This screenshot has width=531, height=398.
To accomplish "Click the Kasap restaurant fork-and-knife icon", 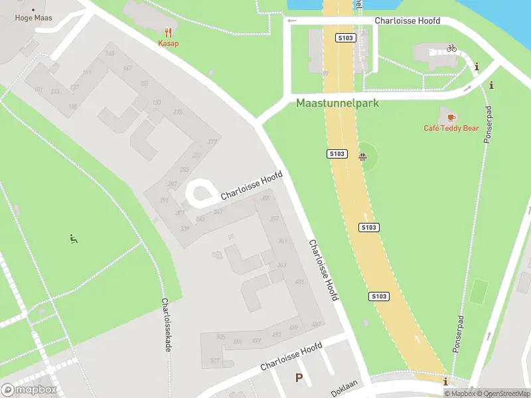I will pos(169,32).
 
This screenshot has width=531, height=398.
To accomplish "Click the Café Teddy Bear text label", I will pos(451,128).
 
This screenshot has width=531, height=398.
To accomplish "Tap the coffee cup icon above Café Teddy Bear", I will pos(451,117).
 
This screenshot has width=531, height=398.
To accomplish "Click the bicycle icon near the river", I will pos(451,48).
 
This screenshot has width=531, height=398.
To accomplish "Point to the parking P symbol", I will pos(299,378).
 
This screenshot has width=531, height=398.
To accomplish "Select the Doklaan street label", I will pos(345,388).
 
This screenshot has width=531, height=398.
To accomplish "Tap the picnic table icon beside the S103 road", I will pos(362,157).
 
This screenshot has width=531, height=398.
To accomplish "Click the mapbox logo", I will pos(29,390).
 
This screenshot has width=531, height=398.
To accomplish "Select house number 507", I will pos(214,360).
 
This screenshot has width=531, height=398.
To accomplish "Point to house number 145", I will pos(110,54).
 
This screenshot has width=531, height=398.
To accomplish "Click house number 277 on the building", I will pos(212,142).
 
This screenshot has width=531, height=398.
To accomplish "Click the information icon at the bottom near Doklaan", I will pos(445,382).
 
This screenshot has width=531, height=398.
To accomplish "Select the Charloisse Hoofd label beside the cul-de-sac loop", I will pos(252,186).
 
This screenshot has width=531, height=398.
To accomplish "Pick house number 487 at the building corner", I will pos(316,324).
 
